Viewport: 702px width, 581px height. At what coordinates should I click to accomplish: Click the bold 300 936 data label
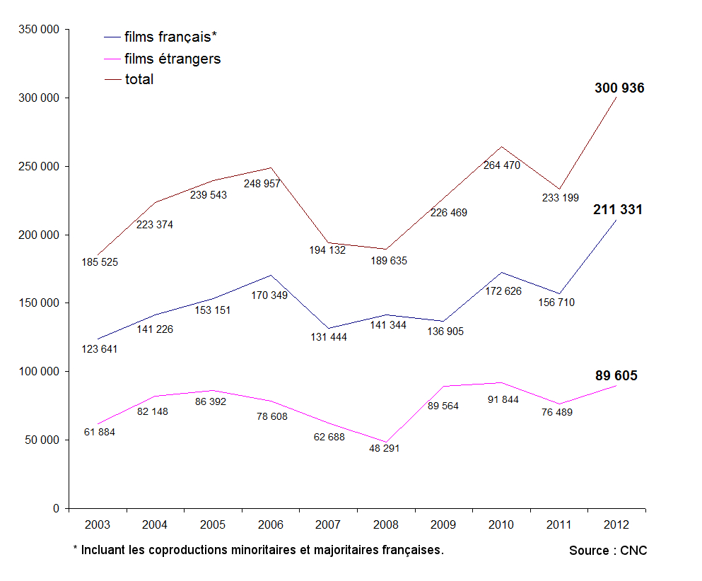[619, 88]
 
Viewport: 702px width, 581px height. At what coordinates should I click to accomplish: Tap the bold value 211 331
[618, 210]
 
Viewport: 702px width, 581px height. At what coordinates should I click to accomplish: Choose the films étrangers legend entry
[172, 59]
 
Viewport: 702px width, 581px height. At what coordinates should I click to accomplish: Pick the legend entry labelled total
[139, 80]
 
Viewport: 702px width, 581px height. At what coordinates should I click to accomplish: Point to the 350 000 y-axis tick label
[39, 30]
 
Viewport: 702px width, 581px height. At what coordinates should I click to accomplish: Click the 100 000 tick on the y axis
[39, 372]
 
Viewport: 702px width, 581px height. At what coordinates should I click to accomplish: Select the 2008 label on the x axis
[386, 524]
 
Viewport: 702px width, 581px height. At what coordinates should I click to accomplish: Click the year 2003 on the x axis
[97, 524]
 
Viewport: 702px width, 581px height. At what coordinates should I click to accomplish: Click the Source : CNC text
[608, 551]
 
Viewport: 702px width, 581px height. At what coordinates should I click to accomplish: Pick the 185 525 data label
[100, 262]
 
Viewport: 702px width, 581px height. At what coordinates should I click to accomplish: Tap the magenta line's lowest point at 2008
[386, 442]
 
